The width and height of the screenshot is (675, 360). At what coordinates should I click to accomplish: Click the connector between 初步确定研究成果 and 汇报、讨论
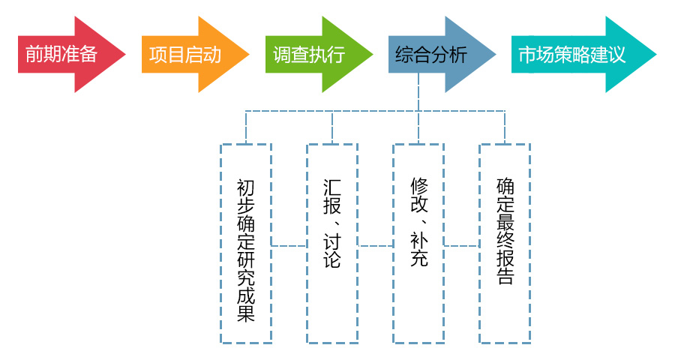[x=289, y=245]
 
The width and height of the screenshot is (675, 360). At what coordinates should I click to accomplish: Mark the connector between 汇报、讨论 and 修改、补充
[x=375, y=245]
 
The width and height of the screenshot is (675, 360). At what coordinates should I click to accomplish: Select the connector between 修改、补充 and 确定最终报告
[x=461, y=245]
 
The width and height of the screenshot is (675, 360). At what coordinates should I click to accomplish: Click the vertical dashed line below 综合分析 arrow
[x=418, y=93]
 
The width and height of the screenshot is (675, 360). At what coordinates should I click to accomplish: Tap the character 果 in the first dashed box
[x=246, y=313]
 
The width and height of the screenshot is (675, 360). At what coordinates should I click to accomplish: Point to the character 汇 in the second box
[x=332, y=187]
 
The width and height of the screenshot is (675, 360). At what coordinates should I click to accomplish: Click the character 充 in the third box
[x=418, y=259]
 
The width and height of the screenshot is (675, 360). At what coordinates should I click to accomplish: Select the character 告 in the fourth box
[x=505, y=275]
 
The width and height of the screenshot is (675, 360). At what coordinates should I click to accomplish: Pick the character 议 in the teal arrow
[x=635, y=55]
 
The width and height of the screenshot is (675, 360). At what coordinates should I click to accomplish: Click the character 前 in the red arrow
[x=34, y=55]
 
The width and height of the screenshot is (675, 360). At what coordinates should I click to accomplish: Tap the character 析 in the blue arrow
[x=458, y=55]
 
